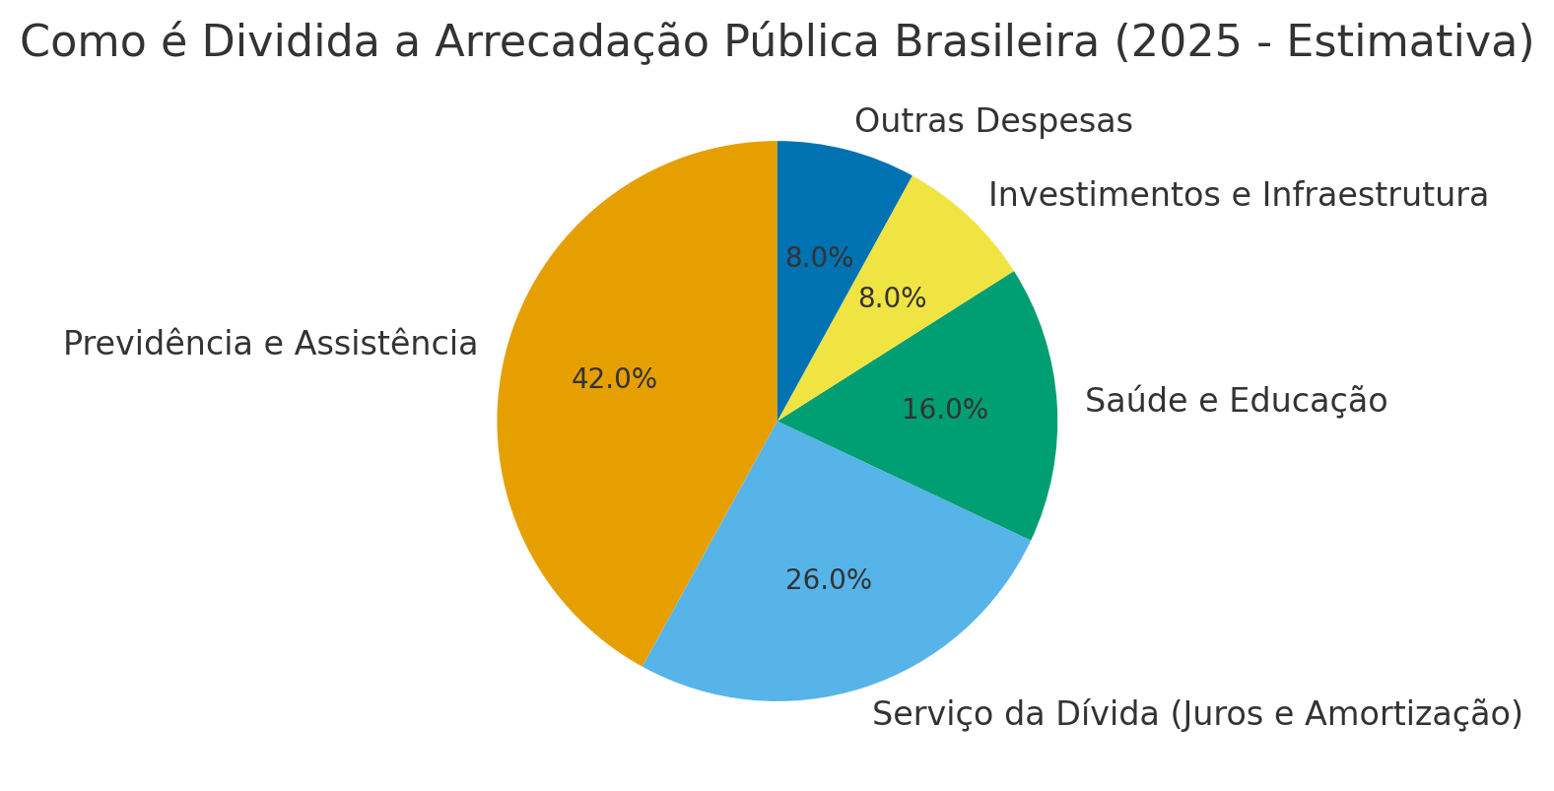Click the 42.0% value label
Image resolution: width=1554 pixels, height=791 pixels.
(x=614, y=379)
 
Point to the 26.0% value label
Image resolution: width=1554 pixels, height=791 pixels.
(x=828, y=580)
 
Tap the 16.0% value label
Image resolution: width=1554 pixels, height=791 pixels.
(x=944, y=410)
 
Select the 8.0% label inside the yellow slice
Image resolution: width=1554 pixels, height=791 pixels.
(x=892, y=298)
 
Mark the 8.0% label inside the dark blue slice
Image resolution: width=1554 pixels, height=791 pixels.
(x=819, y=258)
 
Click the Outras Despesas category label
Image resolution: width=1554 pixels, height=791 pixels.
(x=993, y=121)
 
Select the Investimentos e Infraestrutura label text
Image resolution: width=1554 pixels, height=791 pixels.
(x=1238, y=195)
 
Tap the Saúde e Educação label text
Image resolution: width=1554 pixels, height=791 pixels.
(x=1236, y=401)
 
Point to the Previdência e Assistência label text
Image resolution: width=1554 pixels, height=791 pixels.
(x=270, y=344)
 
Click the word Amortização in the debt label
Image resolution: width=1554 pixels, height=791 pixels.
(x=1419, y=714)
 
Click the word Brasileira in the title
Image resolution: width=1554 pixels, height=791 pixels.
(x=995, y=42)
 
